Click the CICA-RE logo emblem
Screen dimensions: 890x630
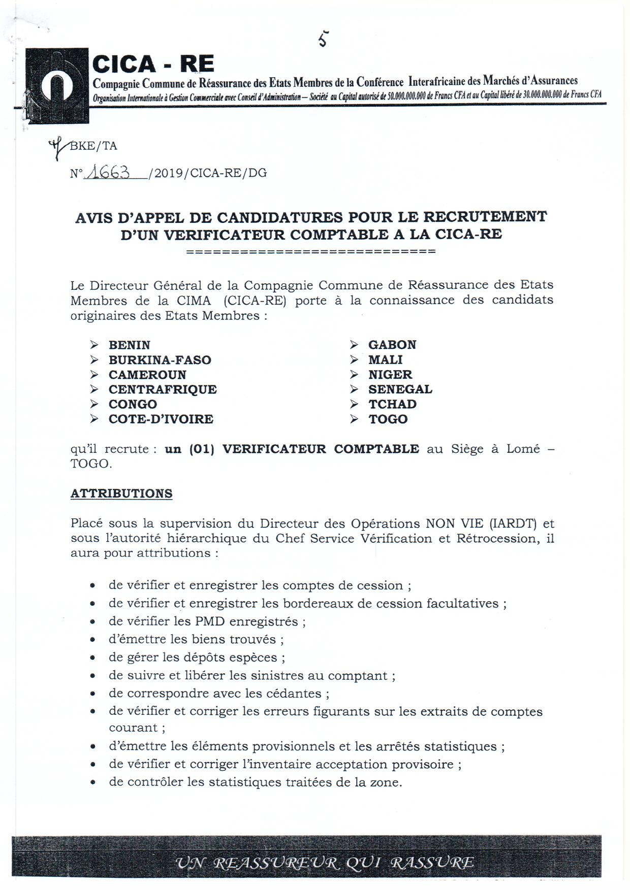[57, 85]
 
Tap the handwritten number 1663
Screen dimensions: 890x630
[108, 173]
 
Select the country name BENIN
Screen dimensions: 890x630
[130, 345]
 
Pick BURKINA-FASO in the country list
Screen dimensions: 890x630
[160, 360]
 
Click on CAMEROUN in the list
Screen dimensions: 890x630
[147, 375]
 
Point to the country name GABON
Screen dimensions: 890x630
[392, 345]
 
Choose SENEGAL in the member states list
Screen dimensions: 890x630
[400, 389]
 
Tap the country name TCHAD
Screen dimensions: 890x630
[392, 404]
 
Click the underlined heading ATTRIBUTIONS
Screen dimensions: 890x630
[121, 493]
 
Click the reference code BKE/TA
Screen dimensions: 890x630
[93, 146]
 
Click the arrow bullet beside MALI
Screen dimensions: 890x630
[354, 360]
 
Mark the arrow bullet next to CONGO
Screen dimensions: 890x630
[94, 404]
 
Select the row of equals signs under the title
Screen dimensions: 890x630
[311, 251]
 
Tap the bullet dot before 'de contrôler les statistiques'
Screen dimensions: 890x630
[92, 783]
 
